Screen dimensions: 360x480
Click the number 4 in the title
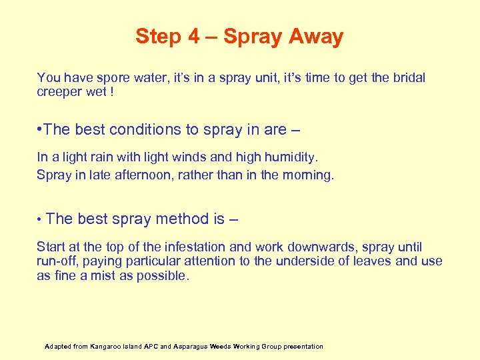coord(193,36)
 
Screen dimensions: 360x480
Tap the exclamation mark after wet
coord(111,92)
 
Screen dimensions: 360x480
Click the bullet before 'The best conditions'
coord(41,129)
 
